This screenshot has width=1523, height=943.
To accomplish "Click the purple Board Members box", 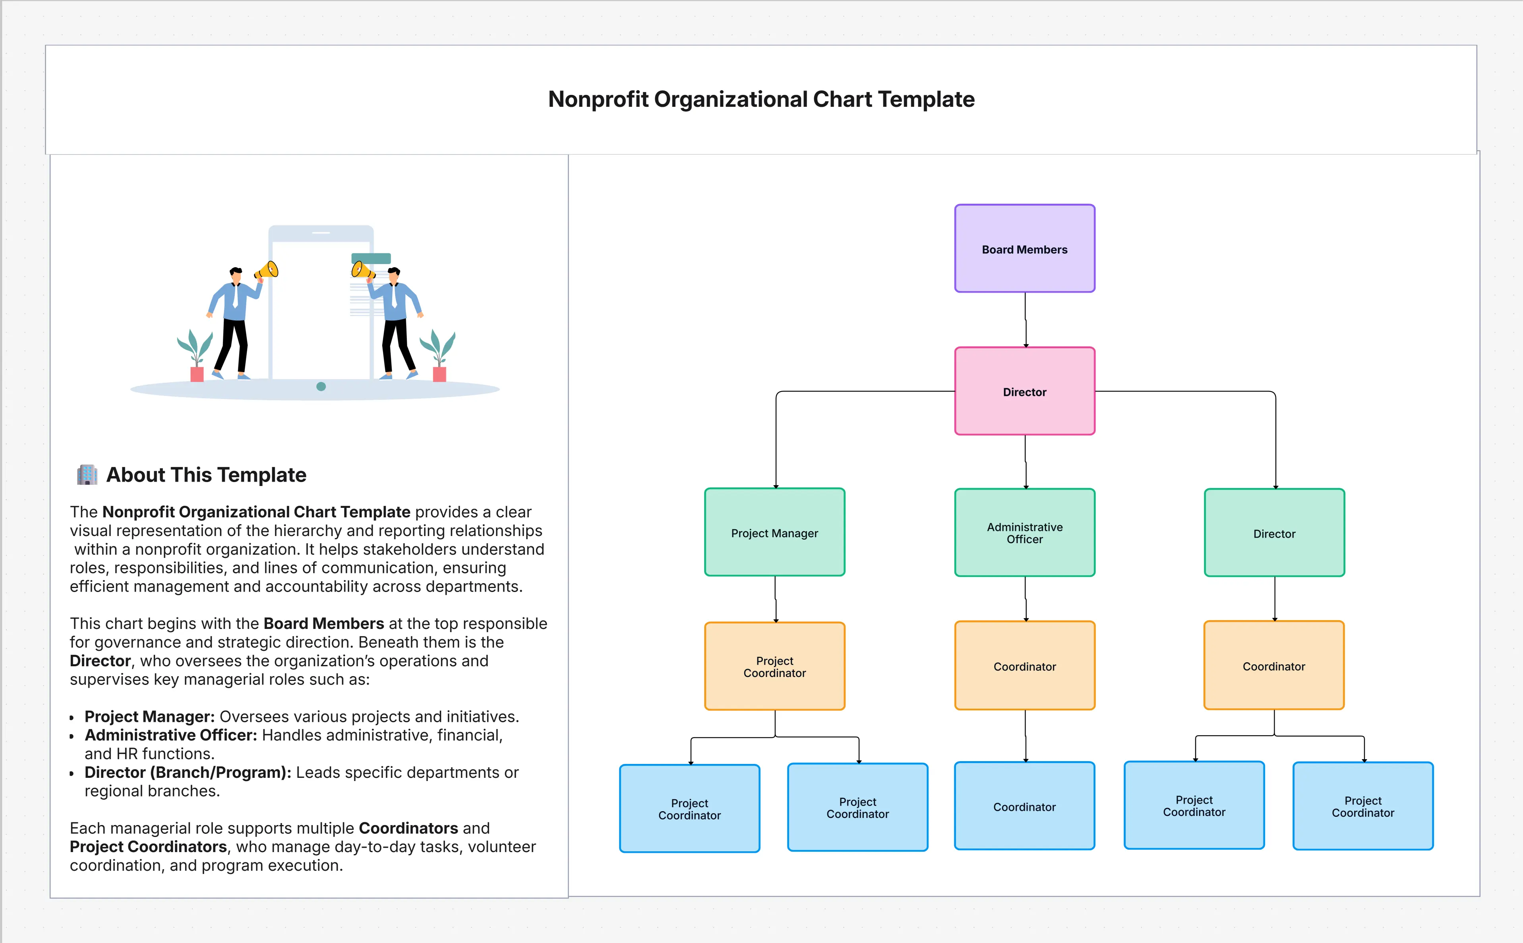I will point(1024,248).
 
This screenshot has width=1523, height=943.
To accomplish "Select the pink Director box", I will point(1024,391).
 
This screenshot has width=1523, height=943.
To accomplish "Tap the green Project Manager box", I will point(774,532).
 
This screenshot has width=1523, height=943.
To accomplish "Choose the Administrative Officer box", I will point(1024,532).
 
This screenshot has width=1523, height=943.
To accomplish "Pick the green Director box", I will point(1273,532).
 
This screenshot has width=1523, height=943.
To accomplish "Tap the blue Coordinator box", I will point(1024,806).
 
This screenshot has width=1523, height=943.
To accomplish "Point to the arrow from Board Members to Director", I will point(1025,319).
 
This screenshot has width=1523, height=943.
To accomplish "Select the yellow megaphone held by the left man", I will point(268,270).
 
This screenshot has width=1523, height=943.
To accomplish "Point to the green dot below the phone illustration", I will point(321,387).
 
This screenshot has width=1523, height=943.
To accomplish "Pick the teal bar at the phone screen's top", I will point(371,258).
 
